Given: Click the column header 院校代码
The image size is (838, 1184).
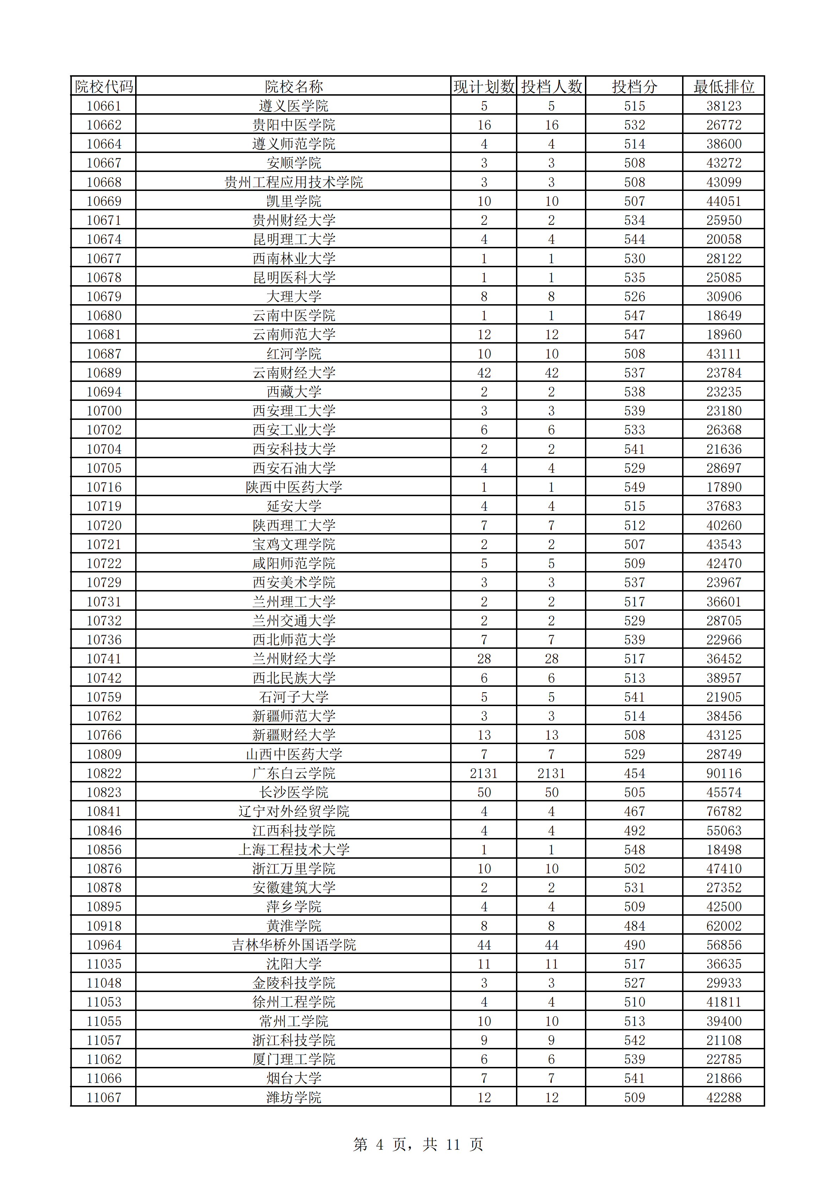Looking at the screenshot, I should (x=104, y=87).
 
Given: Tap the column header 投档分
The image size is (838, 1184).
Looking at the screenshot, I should (x=634, y=87).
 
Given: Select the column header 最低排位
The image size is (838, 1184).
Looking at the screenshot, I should (x=724, y=87).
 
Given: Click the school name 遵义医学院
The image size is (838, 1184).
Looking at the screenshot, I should (x=293, y=106).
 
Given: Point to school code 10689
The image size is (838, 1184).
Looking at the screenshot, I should (x=104, y=373).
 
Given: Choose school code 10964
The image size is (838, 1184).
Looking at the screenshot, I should (x=104, y=945).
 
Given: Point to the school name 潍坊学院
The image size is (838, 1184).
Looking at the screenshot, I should (x=293, y=1098).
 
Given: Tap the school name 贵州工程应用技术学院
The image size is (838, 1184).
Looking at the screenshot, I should (x=293, y=182).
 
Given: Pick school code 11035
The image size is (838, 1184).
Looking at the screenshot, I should (x=104, y=964).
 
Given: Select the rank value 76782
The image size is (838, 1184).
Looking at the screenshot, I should (x=724, y=812).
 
